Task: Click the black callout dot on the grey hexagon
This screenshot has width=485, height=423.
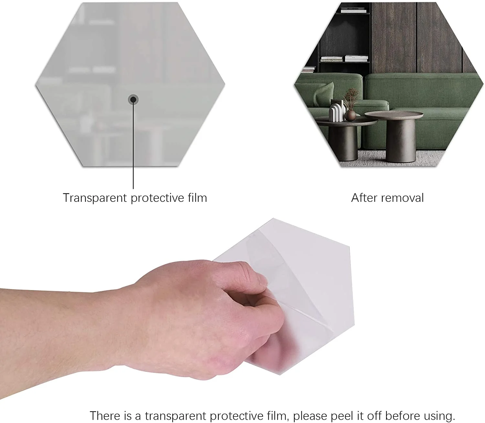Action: point(133,100)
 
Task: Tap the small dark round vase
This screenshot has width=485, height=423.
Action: point(350,115)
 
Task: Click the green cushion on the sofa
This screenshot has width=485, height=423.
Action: point(324,94)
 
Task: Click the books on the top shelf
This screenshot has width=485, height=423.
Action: point(353,10)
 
